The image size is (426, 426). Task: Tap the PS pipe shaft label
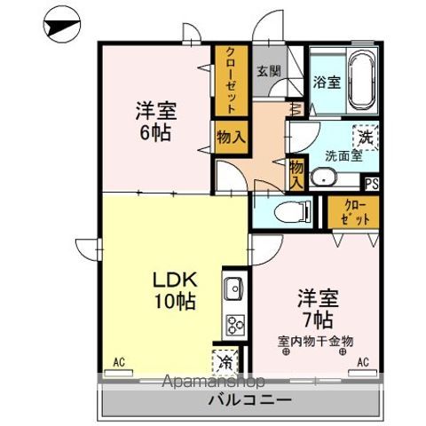372,185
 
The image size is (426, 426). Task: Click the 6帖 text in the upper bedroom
154,135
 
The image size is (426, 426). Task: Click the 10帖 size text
170,302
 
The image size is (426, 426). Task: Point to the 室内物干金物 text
314,340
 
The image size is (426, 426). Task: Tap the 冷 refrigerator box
227,362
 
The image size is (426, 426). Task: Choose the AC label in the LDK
119,362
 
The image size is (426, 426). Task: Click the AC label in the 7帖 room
362,362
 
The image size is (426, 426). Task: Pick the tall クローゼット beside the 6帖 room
226,81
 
